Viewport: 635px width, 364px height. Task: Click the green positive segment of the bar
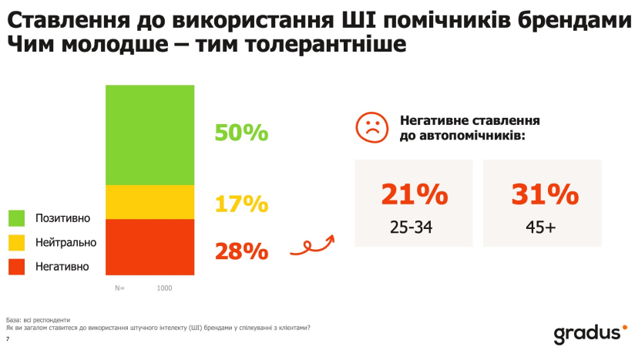[x=150, y=134]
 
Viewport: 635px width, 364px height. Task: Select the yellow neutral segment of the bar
[x=150, y=202]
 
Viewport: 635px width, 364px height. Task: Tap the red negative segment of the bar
[x=150, y=247]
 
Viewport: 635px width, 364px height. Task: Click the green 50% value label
[x=241, y=133]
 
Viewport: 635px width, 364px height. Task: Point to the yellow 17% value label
[x=241, y=204]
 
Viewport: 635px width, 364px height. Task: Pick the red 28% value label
[x=241, y=251]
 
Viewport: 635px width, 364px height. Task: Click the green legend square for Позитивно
[x=17, y=218]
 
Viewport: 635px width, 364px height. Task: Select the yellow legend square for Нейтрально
[x=17, y=242]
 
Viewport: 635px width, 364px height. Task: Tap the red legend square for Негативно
[x=17, y=267]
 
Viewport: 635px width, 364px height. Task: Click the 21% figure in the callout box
[x=414, y=194]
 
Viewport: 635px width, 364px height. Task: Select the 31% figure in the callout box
[x=545, y=194]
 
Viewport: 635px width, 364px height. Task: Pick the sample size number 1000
[x=164, y=288]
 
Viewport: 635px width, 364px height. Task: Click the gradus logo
[x=586, y=333]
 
